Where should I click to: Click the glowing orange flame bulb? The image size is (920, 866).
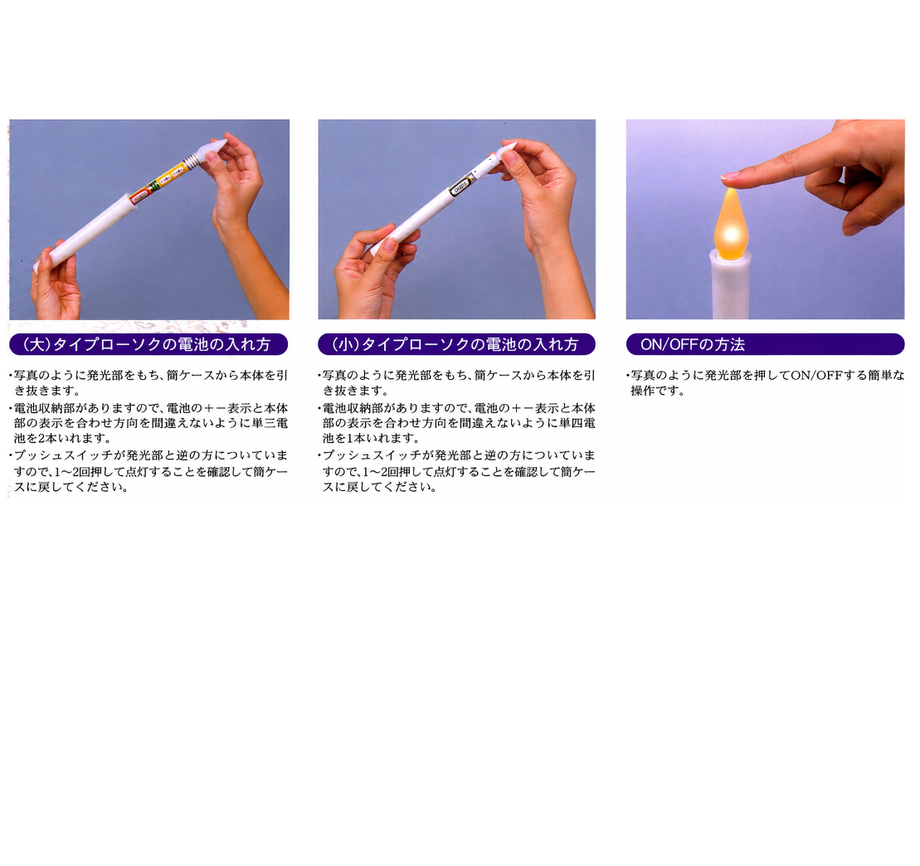click(x=731, y=224)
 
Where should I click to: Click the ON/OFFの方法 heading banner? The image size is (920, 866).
click(x=765, y=343)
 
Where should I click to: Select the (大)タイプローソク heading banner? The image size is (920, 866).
click(x=148, y=343)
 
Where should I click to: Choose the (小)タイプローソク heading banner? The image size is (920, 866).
click(x=456, y=343)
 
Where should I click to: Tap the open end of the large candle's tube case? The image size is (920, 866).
click(x=133, y=202)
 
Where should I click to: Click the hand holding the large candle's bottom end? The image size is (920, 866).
click(x=55, y=282)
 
